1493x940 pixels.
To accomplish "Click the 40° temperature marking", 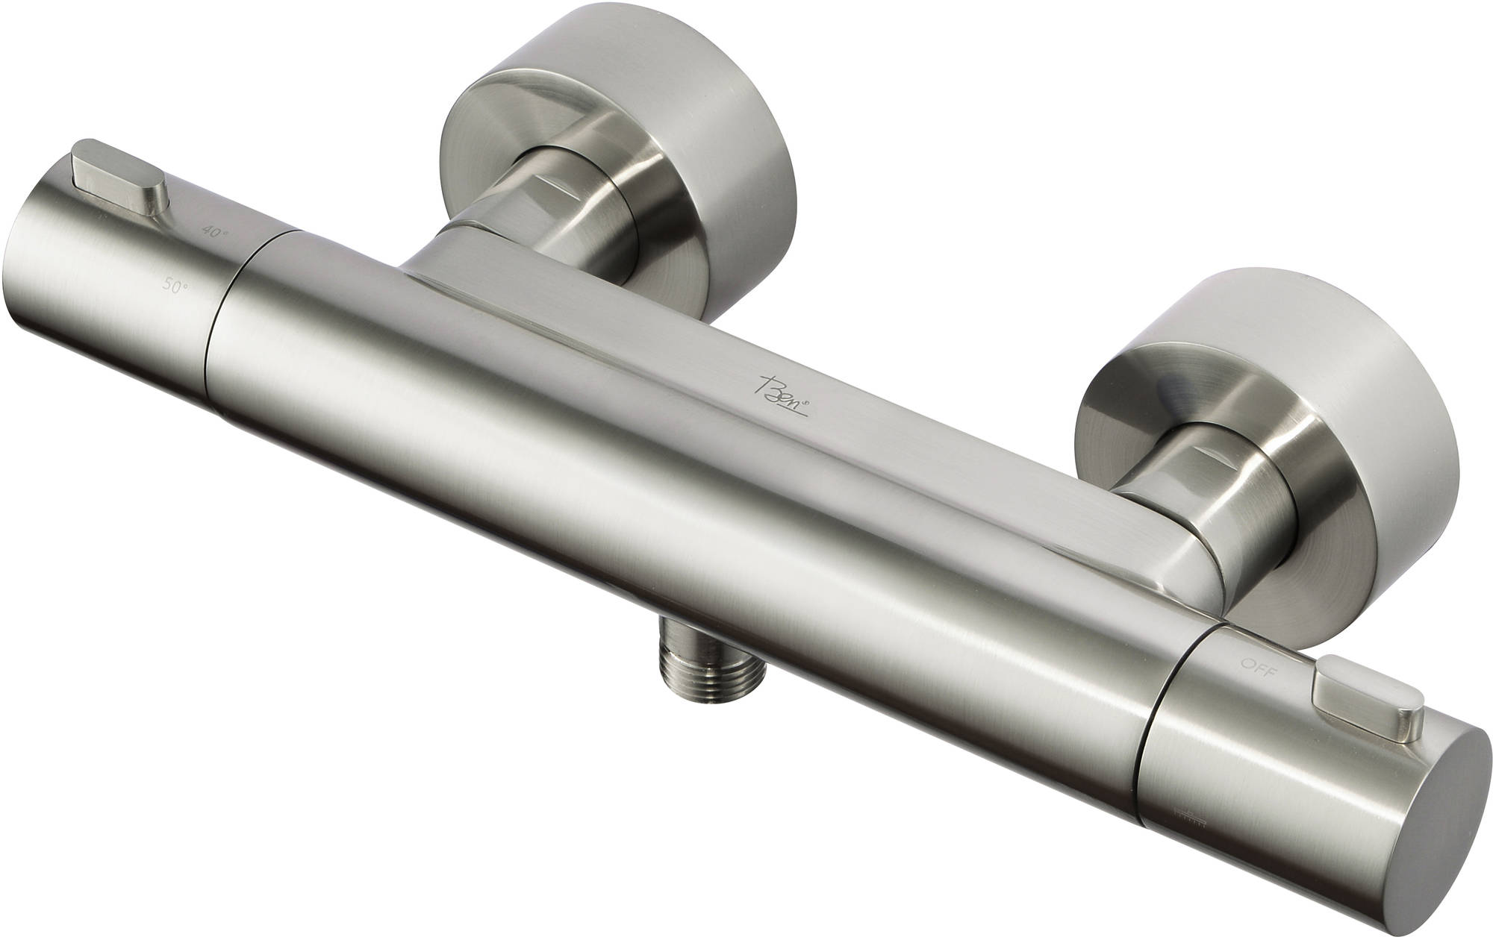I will [x=216, y=232].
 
